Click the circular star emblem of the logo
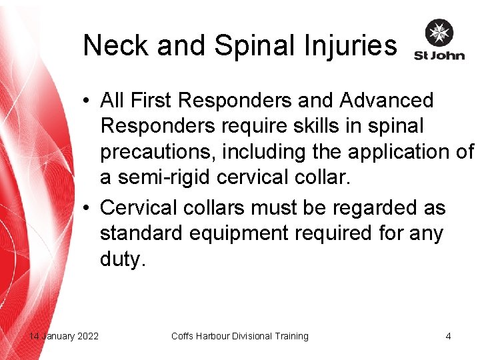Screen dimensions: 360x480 click(439, 33)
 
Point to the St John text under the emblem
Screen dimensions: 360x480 click(439, 55)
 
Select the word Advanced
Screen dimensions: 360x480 click(387, 101)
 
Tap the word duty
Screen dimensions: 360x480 click(122, 259)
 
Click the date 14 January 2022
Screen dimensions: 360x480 click(64, 336)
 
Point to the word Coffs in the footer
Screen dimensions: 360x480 click(182, 336)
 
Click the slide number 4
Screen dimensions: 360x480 click(448, 336)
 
